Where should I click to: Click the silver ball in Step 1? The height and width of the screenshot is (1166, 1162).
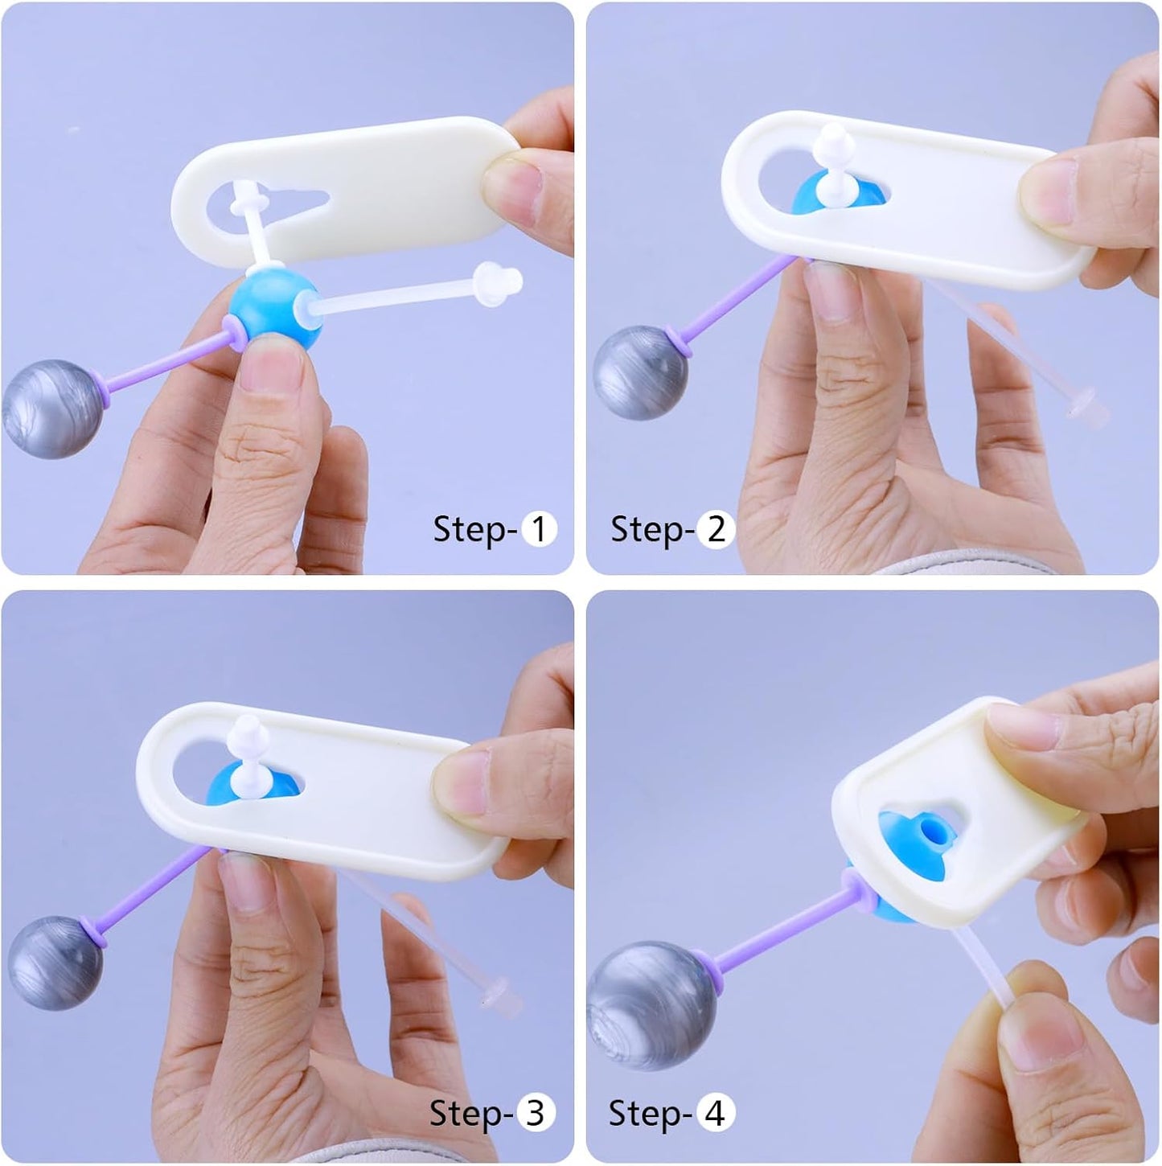[x=52, y=409]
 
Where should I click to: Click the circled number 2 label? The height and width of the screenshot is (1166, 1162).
[x=716, y=529]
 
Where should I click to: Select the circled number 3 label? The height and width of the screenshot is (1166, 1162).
[x=535, y=1112]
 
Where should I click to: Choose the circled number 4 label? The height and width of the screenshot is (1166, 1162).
[x=716, y=1112]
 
